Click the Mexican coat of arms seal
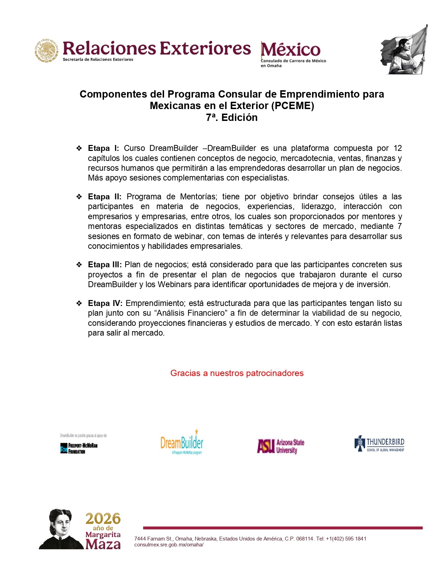pyautogui.click(x=46, y=51)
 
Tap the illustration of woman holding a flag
pyautogui.click(x=405, y=50)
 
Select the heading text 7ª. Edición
pyautogui.click(x=232, y=118)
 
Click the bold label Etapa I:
pyautogui.click(x=103, y=148)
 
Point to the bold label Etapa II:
pyautogui.click(x=104, y=197)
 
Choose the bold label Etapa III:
pyautogui.click(x=105, y=265)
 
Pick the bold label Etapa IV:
pyautogui.click(x=105, y=304)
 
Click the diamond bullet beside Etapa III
pyautogui.click(x=79, y=265)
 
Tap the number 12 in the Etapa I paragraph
pyautogui.click(x=398, y=148)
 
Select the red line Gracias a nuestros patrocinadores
pyautogui.click(x=237, y=373)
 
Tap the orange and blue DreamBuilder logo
pyautogui.click(x=182, y=443)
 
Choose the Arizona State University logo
pyautogui.click(x=281, y=446)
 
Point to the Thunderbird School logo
pyautogui.click(x=379, y=444)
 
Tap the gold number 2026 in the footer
pyautogui.click(x=103, y=519)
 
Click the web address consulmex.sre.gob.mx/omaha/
pyautogui.click(x=169, y=545)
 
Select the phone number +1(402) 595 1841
pyautogui.click(x=346, y=539)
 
